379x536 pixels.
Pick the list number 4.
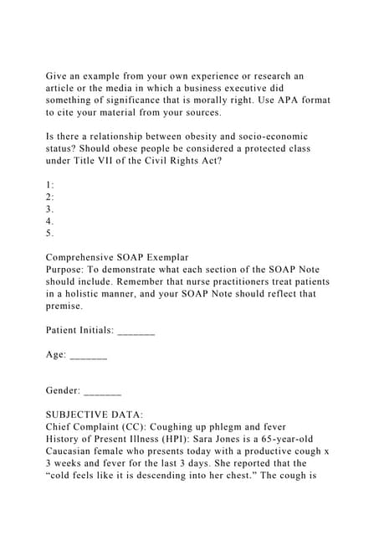tap(50, 221)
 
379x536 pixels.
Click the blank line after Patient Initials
tap(136, 331)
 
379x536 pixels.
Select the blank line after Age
tap(89, 355)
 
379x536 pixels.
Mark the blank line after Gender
tap(103, 391)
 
